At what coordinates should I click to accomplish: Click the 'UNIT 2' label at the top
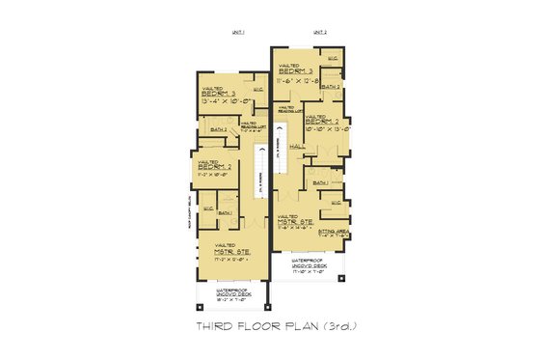pos(320,33)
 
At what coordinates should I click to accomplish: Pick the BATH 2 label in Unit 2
pos(331,87)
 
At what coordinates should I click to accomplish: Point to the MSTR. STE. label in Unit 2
pos(295,222)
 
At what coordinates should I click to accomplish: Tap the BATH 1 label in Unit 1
pos(225,212)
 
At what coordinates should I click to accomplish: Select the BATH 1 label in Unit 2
pos(321,182)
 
